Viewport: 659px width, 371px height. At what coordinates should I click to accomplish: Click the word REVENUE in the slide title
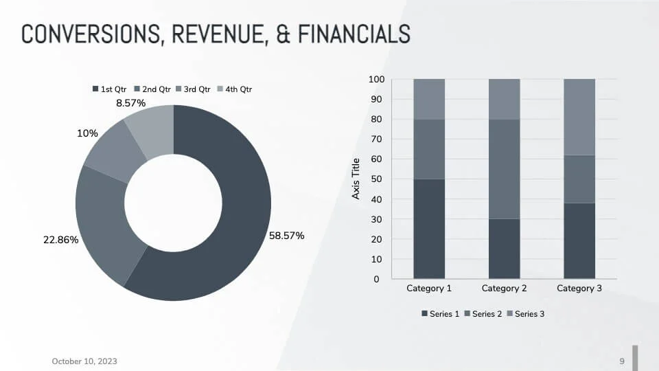tap(220, 34)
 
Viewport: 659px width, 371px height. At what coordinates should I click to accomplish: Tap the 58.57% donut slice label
tap(286, 236)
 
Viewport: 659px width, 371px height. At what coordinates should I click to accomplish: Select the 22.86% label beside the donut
tap(60, 240)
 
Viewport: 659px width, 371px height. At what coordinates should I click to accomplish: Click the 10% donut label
tap(87, 133)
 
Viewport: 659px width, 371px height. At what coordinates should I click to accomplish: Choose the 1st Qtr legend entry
tap(110, 89)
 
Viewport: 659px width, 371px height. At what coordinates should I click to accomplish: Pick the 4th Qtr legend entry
tap(235, 89)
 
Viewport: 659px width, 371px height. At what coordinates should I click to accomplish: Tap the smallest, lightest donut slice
tap(152, 127)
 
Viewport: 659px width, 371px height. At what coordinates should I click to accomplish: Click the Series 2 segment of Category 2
tap(504, 169)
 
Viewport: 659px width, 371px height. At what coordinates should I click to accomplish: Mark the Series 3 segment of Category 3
tap(579, 117)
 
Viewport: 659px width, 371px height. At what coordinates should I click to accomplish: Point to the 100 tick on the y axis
tap(376, 80)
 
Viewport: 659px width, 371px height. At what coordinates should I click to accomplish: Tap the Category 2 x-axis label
tap(504, 289)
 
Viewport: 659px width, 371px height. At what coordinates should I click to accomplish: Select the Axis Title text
tap(356, 179)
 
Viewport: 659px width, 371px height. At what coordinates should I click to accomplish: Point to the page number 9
tap(622, 361)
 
